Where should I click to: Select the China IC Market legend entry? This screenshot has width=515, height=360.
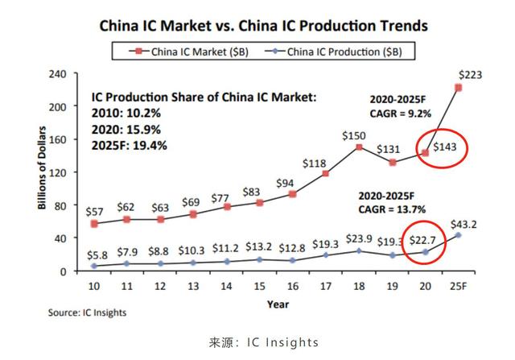pyautogui.click(x=188, y=52)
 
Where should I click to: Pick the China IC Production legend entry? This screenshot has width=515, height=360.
pyautogui.click(x=333, y=52)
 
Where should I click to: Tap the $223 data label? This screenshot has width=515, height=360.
pyautogui.click(x=470, y=75)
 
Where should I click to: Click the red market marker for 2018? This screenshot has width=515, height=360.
pyautogui.click(x=359, y=147)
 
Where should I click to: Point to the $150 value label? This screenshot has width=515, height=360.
pyautogui.click(x=354, y=136)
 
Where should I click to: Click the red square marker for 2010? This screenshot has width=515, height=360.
pyautogui.click(x=94, y=224)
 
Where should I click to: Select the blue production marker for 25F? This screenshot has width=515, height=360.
pyautogui.click(x=458, y=235)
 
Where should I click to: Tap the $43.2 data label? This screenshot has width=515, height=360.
pyautogui.click(x=463, y=225)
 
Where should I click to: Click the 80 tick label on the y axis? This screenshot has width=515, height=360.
pyautogui.click(x=60, y=205)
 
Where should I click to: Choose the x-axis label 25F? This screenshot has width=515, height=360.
pyautogui.click(x=458, y=287)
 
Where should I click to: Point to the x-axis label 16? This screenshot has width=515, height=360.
pyautogui.click(x=293, y=287)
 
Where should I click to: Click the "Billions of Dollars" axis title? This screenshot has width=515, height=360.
pyautogui.click(x=42, y=168)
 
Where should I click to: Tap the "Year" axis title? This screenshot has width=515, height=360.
pyautogui.click(x=278, y=304)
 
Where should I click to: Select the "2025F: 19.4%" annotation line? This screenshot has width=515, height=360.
pyautogui.click(x=130, y=145)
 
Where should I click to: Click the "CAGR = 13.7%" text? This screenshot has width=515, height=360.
pyautogui.click(x=392, y=209)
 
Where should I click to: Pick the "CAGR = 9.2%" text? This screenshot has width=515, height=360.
pyautogui.click(x=401, y=114)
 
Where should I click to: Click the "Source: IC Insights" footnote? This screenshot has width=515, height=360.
pyautogui.click(x=87, y=312)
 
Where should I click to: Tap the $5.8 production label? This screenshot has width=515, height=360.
pyautogui.click(x=97, y=255)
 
